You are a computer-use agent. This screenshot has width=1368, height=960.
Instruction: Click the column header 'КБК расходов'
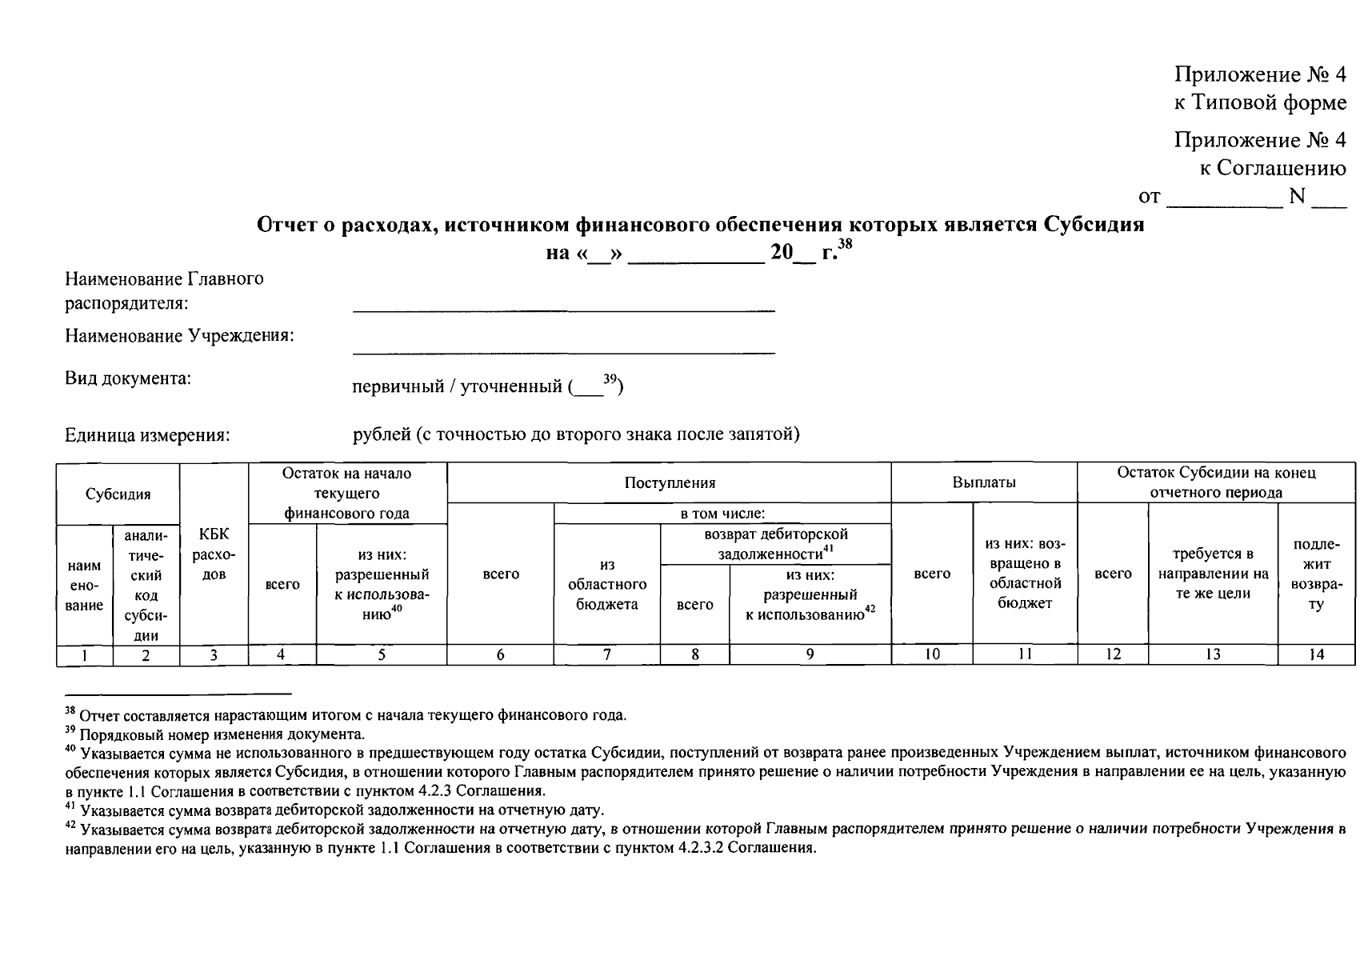pos(214,554)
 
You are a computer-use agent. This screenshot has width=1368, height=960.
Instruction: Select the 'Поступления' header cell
pos(669,482)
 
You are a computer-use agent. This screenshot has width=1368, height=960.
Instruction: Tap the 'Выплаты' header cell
pos(983,482)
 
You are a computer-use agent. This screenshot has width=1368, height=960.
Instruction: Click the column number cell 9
pos(810,654)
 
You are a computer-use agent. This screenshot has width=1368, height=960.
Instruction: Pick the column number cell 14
pos(1315,654)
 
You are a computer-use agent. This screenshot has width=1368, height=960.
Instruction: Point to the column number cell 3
pos(214,654)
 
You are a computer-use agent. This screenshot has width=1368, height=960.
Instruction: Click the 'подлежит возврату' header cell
pos(1315,574)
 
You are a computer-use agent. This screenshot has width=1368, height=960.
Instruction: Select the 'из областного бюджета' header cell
pos(606,584)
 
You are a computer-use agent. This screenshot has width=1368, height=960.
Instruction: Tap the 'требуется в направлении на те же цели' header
pos(1212,574)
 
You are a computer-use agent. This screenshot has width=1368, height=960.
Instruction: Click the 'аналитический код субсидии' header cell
pos(146,584)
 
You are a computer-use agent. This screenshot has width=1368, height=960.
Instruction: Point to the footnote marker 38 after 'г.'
pos(846,247)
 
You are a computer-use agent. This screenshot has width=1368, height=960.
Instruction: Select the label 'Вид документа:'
pos(128,378)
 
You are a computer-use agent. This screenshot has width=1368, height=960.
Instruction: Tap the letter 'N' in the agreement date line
pos(1296,196)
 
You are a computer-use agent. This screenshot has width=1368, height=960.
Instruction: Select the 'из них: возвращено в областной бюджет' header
pos(1024,574)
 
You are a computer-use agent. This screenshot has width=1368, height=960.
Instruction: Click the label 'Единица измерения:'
pos(147,436)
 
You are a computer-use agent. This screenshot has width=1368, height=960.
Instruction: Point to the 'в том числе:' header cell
pos(722,514)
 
